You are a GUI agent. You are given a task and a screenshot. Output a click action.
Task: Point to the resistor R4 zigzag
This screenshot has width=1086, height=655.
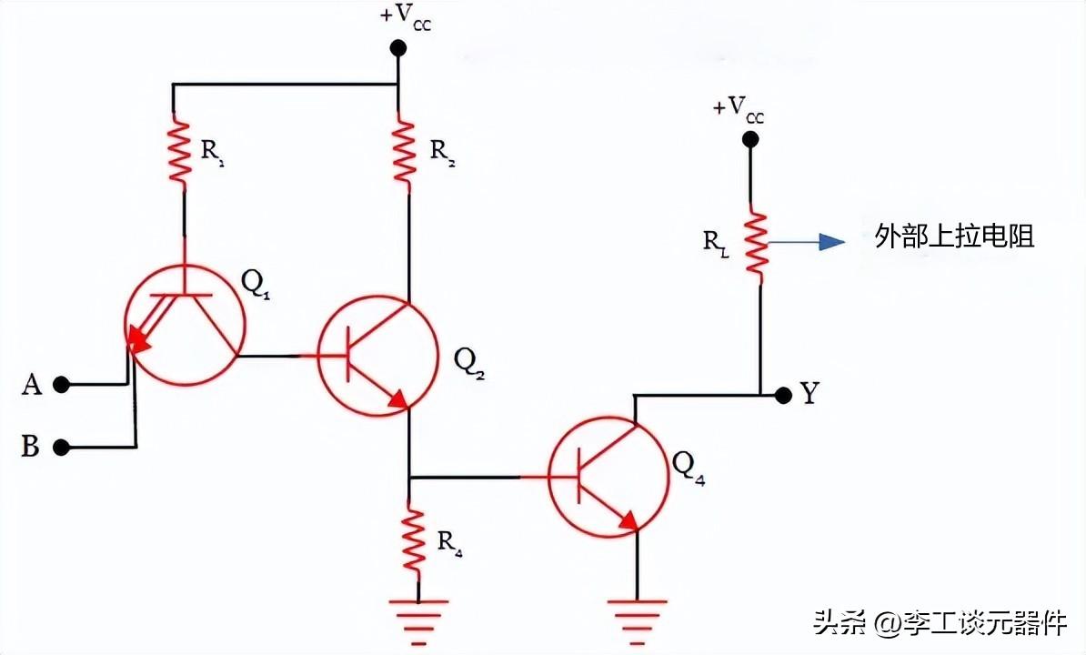pyautogui.click(x=413, y=540)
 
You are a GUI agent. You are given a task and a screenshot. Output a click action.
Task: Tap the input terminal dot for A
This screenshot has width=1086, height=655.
pyautogui.click(x=61, y=385)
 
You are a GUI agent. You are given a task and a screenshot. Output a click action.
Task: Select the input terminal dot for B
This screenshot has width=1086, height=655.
pyautogui.click(x=61, y=447)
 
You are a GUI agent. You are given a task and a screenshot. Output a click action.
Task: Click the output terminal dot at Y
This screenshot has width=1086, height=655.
pyautogui.click(x=781, y=395)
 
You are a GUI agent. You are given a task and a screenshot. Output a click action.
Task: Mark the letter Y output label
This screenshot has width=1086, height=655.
pyautogui.click(x=809, y=394)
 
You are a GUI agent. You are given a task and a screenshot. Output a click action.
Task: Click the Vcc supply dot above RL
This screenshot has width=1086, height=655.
pyautogui.click(x=749, y=139)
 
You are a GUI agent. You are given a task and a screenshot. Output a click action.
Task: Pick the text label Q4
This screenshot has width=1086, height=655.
pyautogui.click(x=689, y=467)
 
